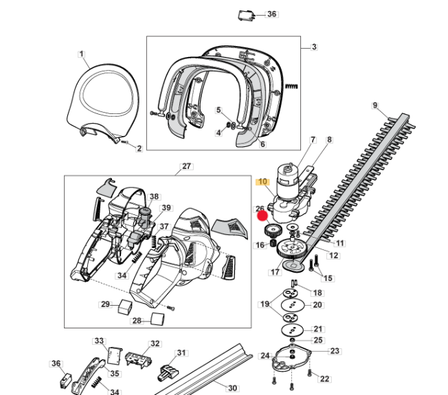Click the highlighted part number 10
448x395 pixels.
(262, 181)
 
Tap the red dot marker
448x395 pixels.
(262, 216)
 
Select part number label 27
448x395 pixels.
(186, 166)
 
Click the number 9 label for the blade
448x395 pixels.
(375, 105)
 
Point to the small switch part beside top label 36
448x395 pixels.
(246, 15)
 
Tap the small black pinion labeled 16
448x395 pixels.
(273, 243)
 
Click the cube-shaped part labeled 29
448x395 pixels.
(125, 307)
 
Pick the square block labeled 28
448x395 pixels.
(158, 319)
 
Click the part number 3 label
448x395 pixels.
(314, 47)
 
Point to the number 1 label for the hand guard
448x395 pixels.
(82, 54)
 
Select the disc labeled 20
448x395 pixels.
(292, 305)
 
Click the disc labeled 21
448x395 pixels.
(292, 330)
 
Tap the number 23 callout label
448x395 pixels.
(335, 351)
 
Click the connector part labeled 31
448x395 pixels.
(168, 372)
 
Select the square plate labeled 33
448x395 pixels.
(115, 356)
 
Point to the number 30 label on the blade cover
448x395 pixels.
(232, 388)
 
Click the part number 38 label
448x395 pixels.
(154, 196)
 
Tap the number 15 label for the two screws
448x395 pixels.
(328, 278)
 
